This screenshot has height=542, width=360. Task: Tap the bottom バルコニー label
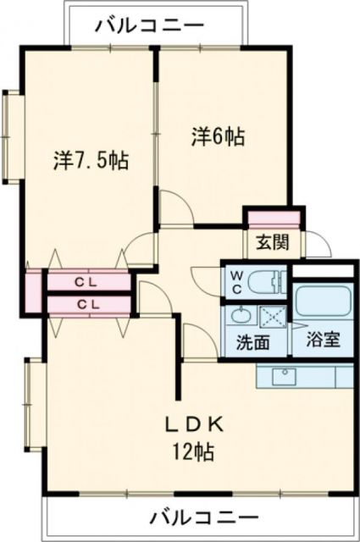click(204, 517)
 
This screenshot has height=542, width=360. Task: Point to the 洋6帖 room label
click(218, 135)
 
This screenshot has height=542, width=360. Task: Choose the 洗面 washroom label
click(253, 343)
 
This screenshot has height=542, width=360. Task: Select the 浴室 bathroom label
click(324, 340)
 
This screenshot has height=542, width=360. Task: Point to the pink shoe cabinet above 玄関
click(273, 218)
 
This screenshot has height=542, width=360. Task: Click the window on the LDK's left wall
click(34, 405)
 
